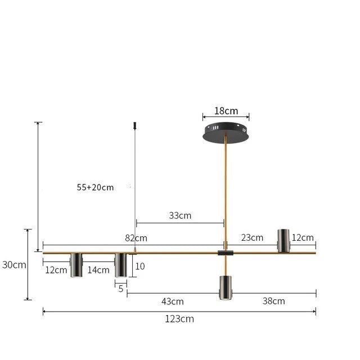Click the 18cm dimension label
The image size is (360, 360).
coord(226,111)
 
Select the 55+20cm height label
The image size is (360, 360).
coord(95,187)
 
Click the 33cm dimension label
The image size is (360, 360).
coord(180,215)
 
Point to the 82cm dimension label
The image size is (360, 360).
coord(136,238)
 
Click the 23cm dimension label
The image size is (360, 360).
coord(252,237)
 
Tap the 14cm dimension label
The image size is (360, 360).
coord(98,270)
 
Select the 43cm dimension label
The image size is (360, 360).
coord(173,301)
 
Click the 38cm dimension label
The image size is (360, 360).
coord(273,301)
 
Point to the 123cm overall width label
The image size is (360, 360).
coord(179,319)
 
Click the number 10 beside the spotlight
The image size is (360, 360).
coord(140,266)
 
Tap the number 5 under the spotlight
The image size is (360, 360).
coord(121,289)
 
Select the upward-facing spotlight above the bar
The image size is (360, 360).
coord(283,240)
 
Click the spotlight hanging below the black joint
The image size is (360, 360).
coord(225,287)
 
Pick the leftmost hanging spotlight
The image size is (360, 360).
coord(76,265)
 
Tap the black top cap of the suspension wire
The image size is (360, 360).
coord(135,124)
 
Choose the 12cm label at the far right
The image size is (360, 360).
coord(303,237)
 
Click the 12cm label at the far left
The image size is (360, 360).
coord(56,270)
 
